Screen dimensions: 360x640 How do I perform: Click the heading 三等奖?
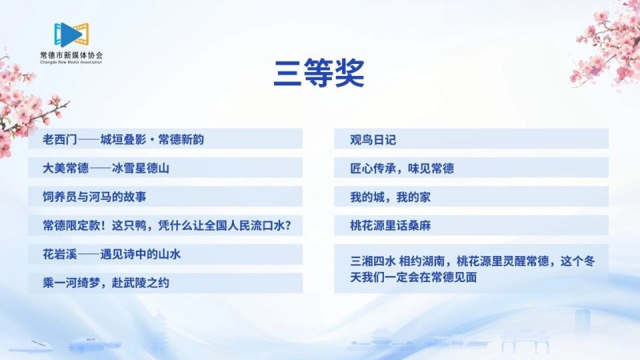pyautogui.click(x=319, y=74)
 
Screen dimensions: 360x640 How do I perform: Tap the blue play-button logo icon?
pyautogui.click(x=71, y=33)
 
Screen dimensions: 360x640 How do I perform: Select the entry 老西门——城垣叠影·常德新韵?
pyautogui.click(x=123, y=139)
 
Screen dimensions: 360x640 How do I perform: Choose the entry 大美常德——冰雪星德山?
pyautogui.click(x=106, y=168)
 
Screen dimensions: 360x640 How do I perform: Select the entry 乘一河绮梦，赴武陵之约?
pyautogui.click(x=106, y=283)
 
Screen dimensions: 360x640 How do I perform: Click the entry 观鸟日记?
pyautogui.click(x=373, y=139)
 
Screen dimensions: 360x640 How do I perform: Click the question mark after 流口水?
pyautogui.click(x=295, y=225)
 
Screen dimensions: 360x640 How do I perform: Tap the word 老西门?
pyautogui.click(x=60, y=139)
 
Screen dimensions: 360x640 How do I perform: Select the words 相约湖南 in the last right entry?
pyautogui.click(x=425, y=261)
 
